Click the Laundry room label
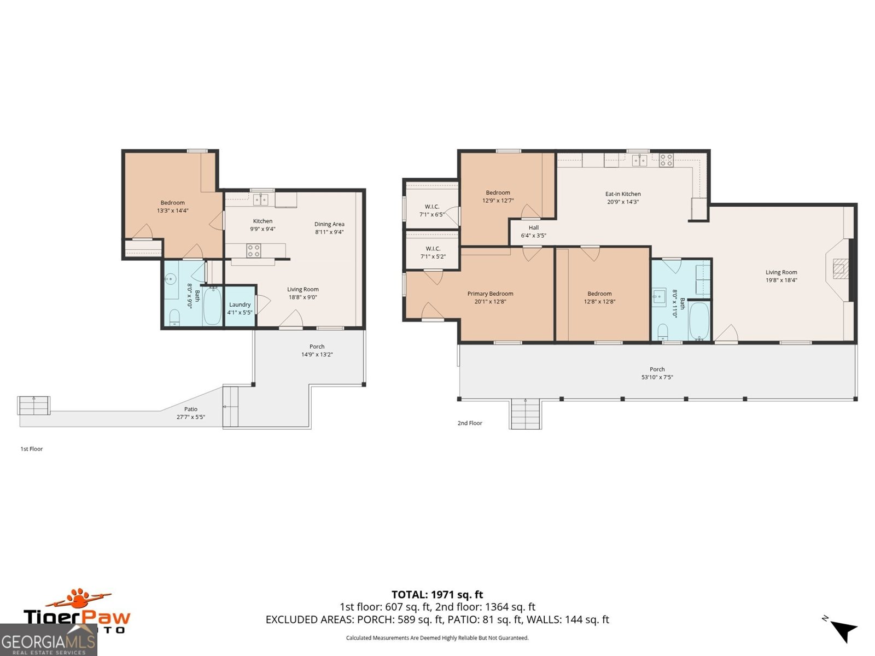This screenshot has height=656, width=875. (x=240, y=308)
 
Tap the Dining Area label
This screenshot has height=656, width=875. (x=329, y=228)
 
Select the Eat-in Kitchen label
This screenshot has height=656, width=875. (x=623, y=197)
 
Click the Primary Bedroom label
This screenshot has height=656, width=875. (x=490, y=297)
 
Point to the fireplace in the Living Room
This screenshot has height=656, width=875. (x=838, y=268)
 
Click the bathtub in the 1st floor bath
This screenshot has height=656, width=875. (x=212, y=306)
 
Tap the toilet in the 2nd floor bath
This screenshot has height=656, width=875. (x=662, y=331)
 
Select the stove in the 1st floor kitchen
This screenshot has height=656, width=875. (x=253, y=250)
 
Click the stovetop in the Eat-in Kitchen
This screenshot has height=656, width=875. (x=666, y=160)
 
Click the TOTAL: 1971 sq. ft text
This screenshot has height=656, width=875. (x=437, y=594)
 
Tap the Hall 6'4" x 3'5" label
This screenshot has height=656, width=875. (x=533, y=232)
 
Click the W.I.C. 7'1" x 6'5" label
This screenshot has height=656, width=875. (x=431, y=210)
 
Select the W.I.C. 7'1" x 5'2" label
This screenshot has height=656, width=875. (x=433, y=253)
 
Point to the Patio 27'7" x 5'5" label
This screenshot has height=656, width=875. (x=191, y=413)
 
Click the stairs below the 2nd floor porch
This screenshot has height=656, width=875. (x=526, y=414)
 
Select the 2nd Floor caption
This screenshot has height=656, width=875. (x=470, y=423)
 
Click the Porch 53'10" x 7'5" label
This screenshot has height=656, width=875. (x=657, y=373)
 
